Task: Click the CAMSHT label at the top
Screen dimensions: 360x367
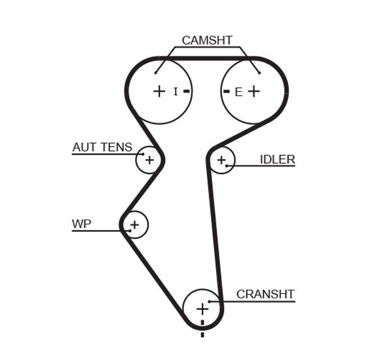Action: [207, 41]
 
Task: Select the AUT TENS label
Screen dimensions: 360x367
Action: [102, 147]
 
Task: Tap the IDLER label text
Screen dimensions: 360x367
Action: [277, 160]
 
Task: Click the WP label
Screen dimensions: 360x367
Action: [81, 224]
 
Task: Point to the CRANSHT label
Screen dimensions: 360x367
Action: [265, 294]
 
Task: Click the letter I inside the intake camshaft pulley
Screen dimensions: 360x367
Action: [176, 92]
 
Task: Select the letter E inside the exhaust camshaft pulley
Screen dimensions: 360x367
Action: [239, 92]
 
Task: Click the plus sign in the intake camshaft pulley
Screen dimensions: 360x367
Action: [159, 92]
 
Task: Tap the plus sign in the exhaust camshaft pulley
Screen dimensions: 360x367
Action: [254, 92]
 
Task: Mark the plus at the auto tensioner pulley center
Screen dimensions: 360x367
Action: [150, 160]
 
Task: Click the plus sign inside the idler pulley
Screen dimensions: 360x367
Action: [221, 160]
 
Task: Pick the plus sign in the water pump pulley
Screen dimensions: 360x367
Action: [135, 224]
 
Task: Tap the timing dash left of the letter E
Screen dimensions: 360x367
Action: [226, 92]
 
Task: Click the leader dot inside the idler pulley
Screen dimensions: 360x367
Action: [226, 166]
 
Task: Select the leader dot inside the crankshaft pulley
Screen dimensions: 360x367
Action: [210, 301]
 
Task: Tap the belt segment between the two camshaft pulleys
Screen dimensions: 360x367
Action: [207, 59]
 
